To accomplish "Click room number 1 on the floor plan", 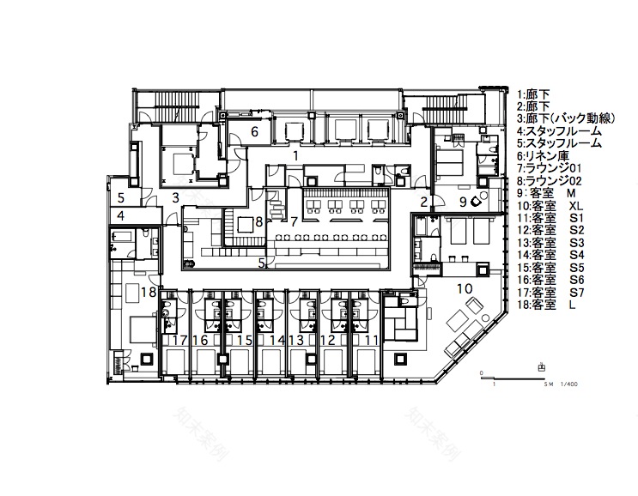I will click(295, 156).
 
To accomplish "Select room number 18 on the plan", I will click(148, 292).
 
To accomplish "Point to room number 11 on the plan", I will click(370, 341).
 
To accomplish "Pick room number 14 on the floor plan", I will click(276, 341).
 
